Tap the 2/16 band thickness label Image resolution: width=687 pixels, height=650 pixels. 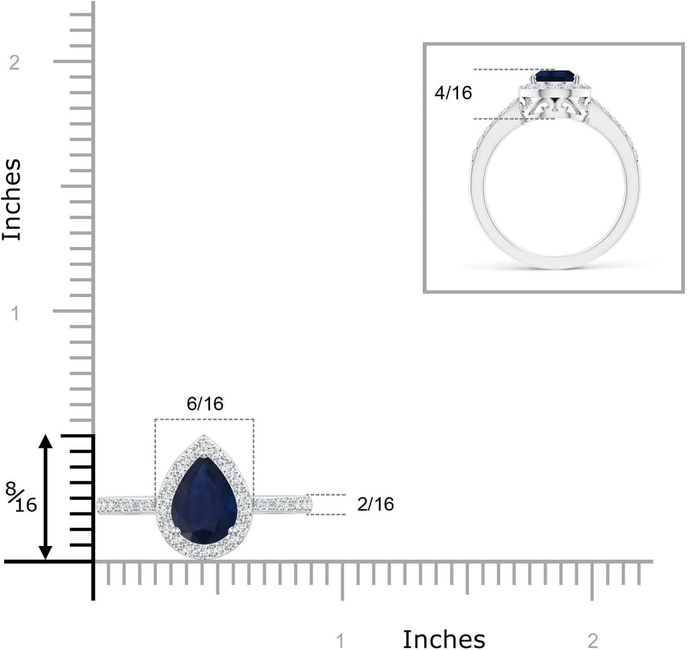pyautogui.click(x=376, y=504)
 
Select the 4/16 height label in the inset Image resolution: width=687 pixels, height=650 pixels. pyautogui.click(x=454, y=93)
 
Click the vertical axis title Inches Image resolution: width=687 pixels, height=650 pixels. pyautogui.click(x=13, y=199)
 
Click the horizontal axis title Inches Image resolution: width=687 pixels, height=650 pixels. pyautogui.click(x=443, y=638)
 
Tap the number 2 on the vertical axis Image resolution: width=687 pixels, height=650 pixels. pyautogui.click(x=15, y=62)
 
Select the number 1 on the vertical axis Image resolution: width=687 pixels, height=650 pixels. pyautogui.click(x=15, y=313)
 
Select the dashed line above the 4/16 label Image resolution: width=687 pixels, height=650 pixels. pyautogui.click(x=510, y=69)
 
